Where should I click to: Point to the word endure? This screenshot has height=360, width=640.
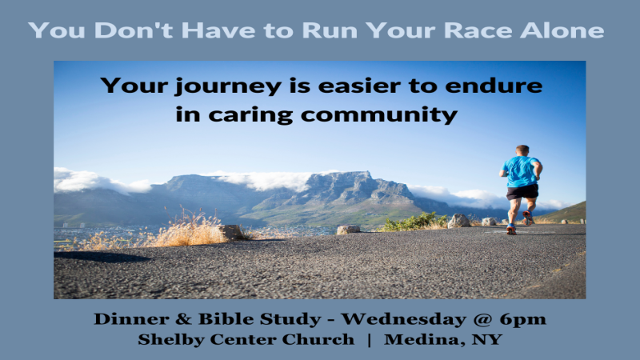[x=498, y=86]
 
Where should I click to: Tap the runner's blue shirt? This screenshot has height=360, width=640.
[x=520, y=171]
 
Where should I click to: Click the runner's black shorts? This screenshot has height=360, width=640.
[x=522, y=191]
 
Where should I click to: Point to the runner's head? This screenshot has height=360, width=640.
[x=522, y=150]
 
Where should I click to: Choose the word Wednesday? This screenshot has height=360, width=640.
[x=396, y=319]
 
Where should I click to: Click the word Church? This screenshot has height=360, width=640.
[x=320, y=339]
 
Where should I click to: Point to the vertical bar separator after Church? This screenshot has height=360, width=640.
[x=369, y=339]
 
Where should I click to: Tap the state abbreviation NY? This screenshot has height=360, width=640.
[x=486, y=339]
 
